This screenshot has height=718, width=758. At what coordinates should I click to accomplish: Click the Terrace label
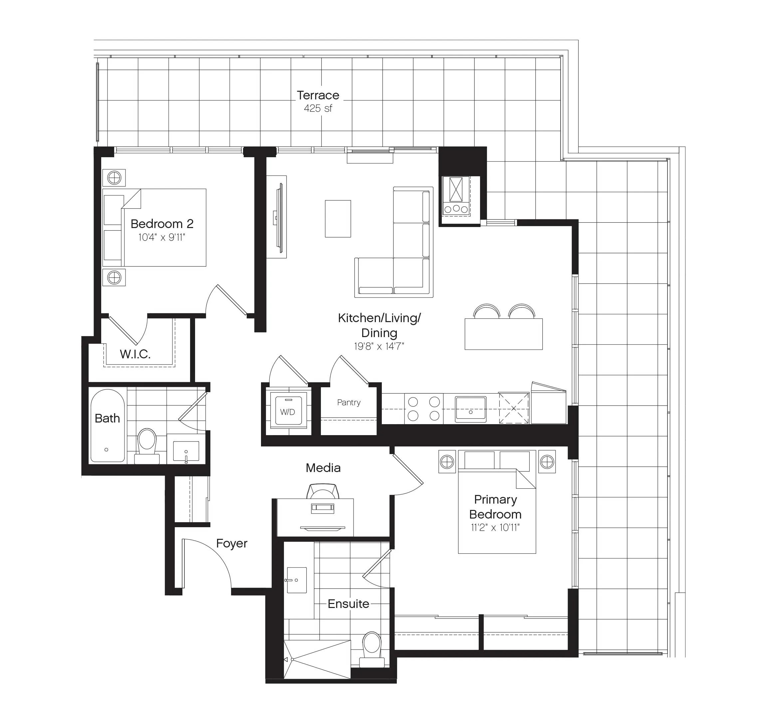pos(318,95)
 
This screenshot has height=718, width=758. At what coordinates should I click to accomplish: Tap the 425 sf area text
pos(318,108)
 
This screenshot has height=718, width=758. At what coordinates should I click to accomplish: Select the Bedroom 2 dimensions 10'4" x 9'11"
pos(162,237)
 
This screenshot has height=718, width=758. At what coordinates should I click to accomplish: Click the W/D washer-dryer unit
pos(288,410)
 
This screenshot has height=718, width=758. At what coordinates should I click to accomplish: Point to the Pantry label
pos(349,402)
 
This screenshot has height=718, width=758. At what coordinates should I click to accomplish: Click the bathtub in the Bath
pos(108,425)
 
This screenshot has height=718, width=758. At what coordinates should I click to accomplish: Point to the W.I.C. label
pos(135,354)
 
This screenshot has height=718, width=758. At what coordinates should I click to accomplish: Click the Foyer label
pos(232,543)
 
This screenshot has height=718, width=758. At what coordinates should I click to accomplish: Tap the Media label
pos(323,468)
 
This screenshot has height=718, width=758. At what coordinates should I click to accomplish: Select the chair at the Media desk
pos(323,491)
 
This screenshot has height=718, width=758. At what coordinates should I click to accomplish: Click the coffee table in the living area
pos(338,218)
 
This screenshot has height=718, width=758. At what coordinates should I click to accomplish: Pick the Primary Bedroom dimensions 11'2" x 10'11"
pos(495,528)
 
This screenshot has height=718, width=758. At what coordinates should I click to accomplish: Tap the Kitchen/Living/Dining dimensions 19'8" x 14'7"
pos(379,346)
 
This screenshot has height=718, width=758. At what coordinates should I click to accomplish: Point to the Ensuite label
pos(348,604)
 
